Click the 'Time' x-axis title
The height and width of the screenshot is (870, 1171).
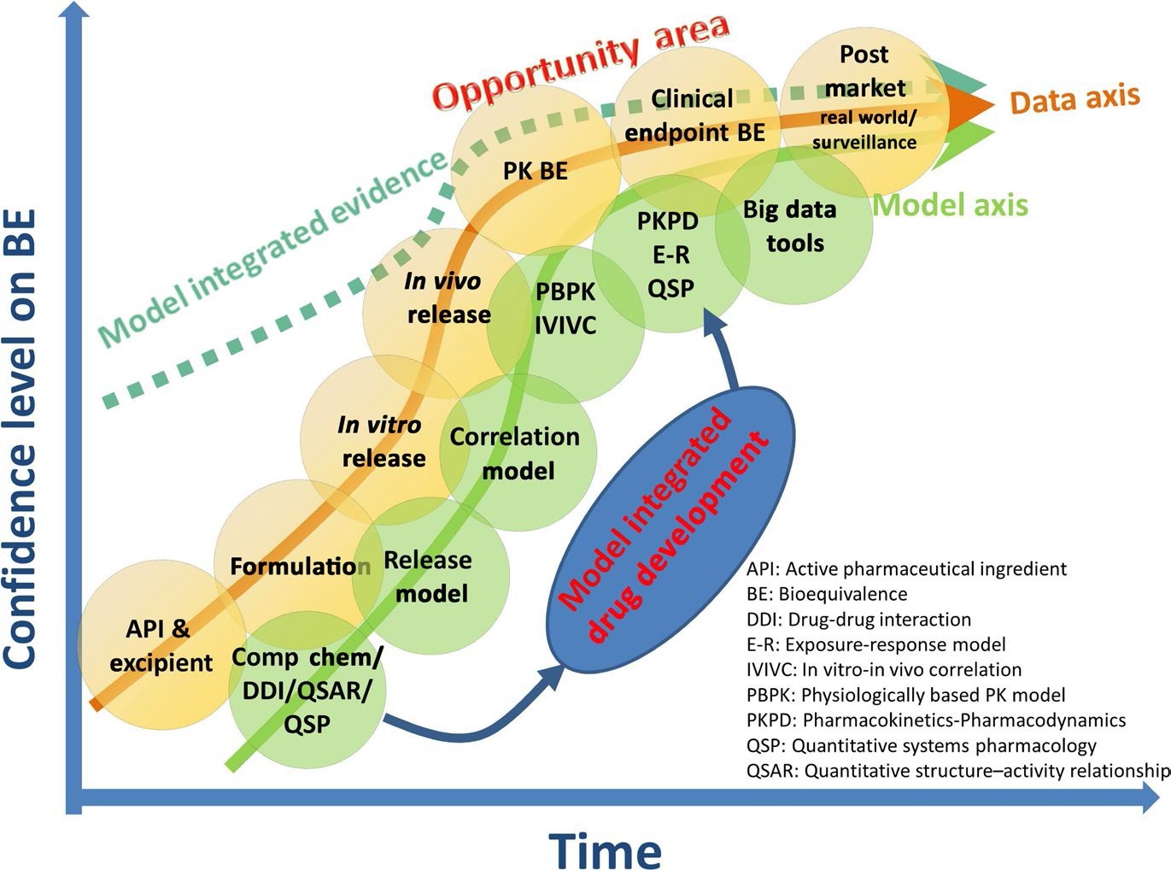tap(605, 849)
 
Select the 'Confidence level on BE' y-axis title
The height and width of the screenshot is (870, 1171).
tap(20, 439)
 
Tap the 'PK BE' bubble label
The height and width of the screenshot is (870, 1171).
tap(536, 171)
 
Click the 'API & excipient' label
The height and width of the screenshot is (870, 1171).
tap(161, 646)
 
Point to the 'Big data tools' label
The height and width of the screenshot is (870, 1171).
tap(790, 226)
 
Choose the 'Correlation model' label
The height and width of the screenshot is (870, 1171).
tap(515, 454)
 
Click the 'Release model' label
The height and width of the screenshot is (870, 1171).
tap(428, 576)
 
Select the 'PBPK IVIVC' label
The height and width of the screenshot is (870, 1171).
tap(565, 309)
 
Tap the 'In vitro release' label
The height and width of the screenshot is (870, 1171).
tap(382, 442)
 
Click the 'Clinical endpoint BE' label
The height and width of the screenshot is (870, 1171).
tap(694, 115)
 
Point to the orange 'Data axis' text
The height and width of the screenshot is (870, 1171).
tap(1075, 99)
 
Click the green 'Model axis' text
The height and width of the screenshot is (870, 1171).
tap(951, 205)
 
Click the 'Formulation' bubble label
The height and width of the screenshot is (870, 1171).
tap(301, 567)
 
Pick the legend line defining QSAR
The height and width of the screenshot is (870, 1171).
tap(958, 771)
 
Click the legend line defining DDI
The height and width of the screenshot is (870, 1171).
tap(858, 619)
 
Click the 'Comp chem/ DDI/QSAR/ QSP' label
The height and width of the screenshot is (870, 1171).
tap(307, 691)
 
